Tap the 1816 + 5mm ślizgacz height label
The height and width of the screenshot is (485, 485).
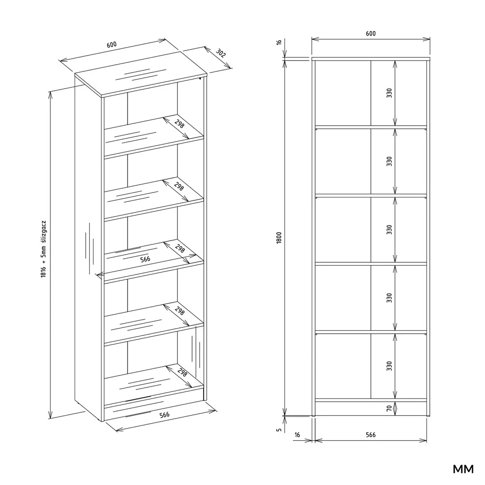43,249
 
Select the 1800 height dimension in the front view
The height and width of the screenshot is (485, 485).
279,238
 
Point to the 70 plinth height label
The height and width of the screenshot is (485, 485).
389,408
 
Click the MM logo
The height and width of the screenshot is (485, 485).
463,469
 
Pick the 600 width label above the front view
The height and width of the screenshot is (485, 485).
371,33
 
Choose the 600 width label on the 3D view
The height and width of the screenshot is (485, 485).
112,45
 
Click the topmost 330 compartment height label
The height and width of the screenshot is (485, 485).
389,93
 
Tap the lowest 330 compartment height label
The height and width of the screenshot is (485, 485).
389,366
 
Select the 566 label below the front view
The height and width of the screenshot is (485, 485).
371,435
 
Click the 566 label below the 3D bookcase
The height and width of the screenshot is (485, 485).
164,415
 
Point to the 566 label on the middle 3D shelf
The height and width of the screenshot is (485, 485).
145,259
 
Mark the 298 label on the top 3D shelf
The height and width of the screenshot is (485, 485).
179,124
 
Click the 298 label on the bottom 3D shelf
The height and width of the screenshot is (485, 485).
182,372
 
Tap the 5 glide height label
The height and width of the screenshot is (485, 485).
279,430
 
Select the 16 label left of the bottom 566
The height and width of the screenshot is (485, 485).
297,435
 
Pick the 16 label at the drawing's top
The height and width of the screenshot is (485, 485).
279,42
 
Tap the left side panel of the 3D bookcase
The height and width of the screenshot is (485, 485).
88,247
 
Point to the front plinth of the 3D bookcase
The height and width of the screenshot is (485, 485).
154,408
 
